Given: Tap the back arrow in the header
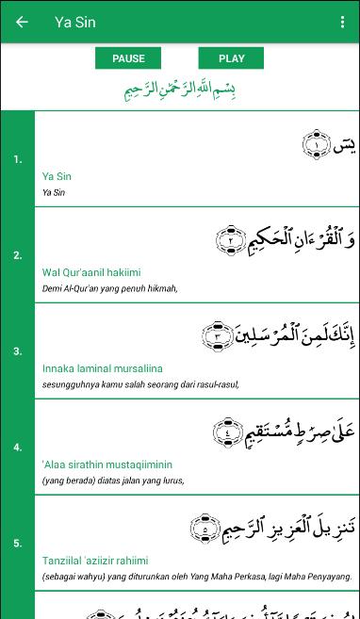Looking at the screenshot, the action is (x=22, y=22).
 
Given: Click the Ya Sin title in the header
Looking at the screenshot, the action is (x=75, y=22).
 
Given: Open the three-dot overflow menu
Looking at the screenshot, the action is (x=342, y=22).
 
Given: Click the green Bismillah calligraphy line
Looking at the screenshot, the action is (x=180, y=90).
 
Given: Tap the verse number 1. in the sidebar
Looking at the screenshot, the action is (x=18, y=159).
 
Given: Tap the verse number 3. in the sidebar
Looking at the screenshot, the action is (x=18, y=351).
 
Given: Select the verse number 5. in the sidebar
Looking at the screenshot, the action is (x=18, y=544).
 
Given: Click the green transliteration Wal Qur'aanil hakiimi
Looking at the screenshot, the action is (x=91, y=272).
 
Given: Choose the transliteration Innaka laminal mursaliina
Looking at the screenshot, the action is (x=102, y=368).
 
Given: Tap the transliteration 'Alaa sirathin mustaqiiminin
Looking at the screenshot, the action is (x=106, y=464).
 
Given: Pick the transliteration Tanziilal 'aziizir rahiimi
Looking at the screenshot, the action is (x=95, y=561).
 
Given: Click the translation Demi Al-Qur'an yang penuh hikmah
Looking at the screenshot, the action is (x=109, y=288).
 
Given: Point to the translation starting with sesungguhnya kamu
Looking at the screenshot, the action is (x=140, y=384).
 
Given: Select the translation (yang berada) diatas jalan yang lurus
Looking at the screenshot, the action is (x=113, y=481).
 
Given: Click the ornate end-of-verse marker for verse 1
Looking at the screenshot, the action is (x=316, y=144).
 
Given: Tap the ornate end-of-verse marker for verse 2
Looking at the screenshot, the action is (x=231, y=240).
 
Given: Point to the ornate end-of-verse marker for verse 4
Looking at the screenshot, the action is (x=227, y=432).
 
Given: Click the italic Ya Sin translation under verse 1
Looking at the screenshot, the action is (x=54, y=192).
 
